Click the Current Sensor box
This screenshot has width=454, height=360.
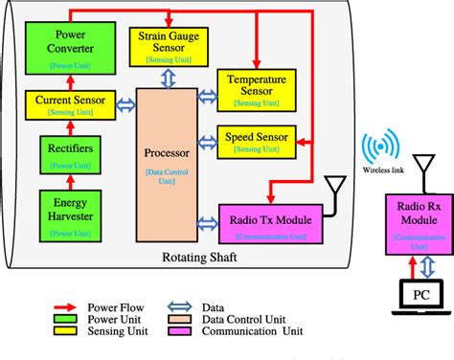[x=69, y=103]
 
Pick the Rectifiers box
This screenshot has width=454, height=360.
[x=69, y=154]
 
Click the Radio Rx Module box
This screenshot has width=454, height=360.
[x=409, y=219]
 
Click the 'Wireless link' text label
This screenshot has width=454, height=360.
[x=382, y=172]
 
